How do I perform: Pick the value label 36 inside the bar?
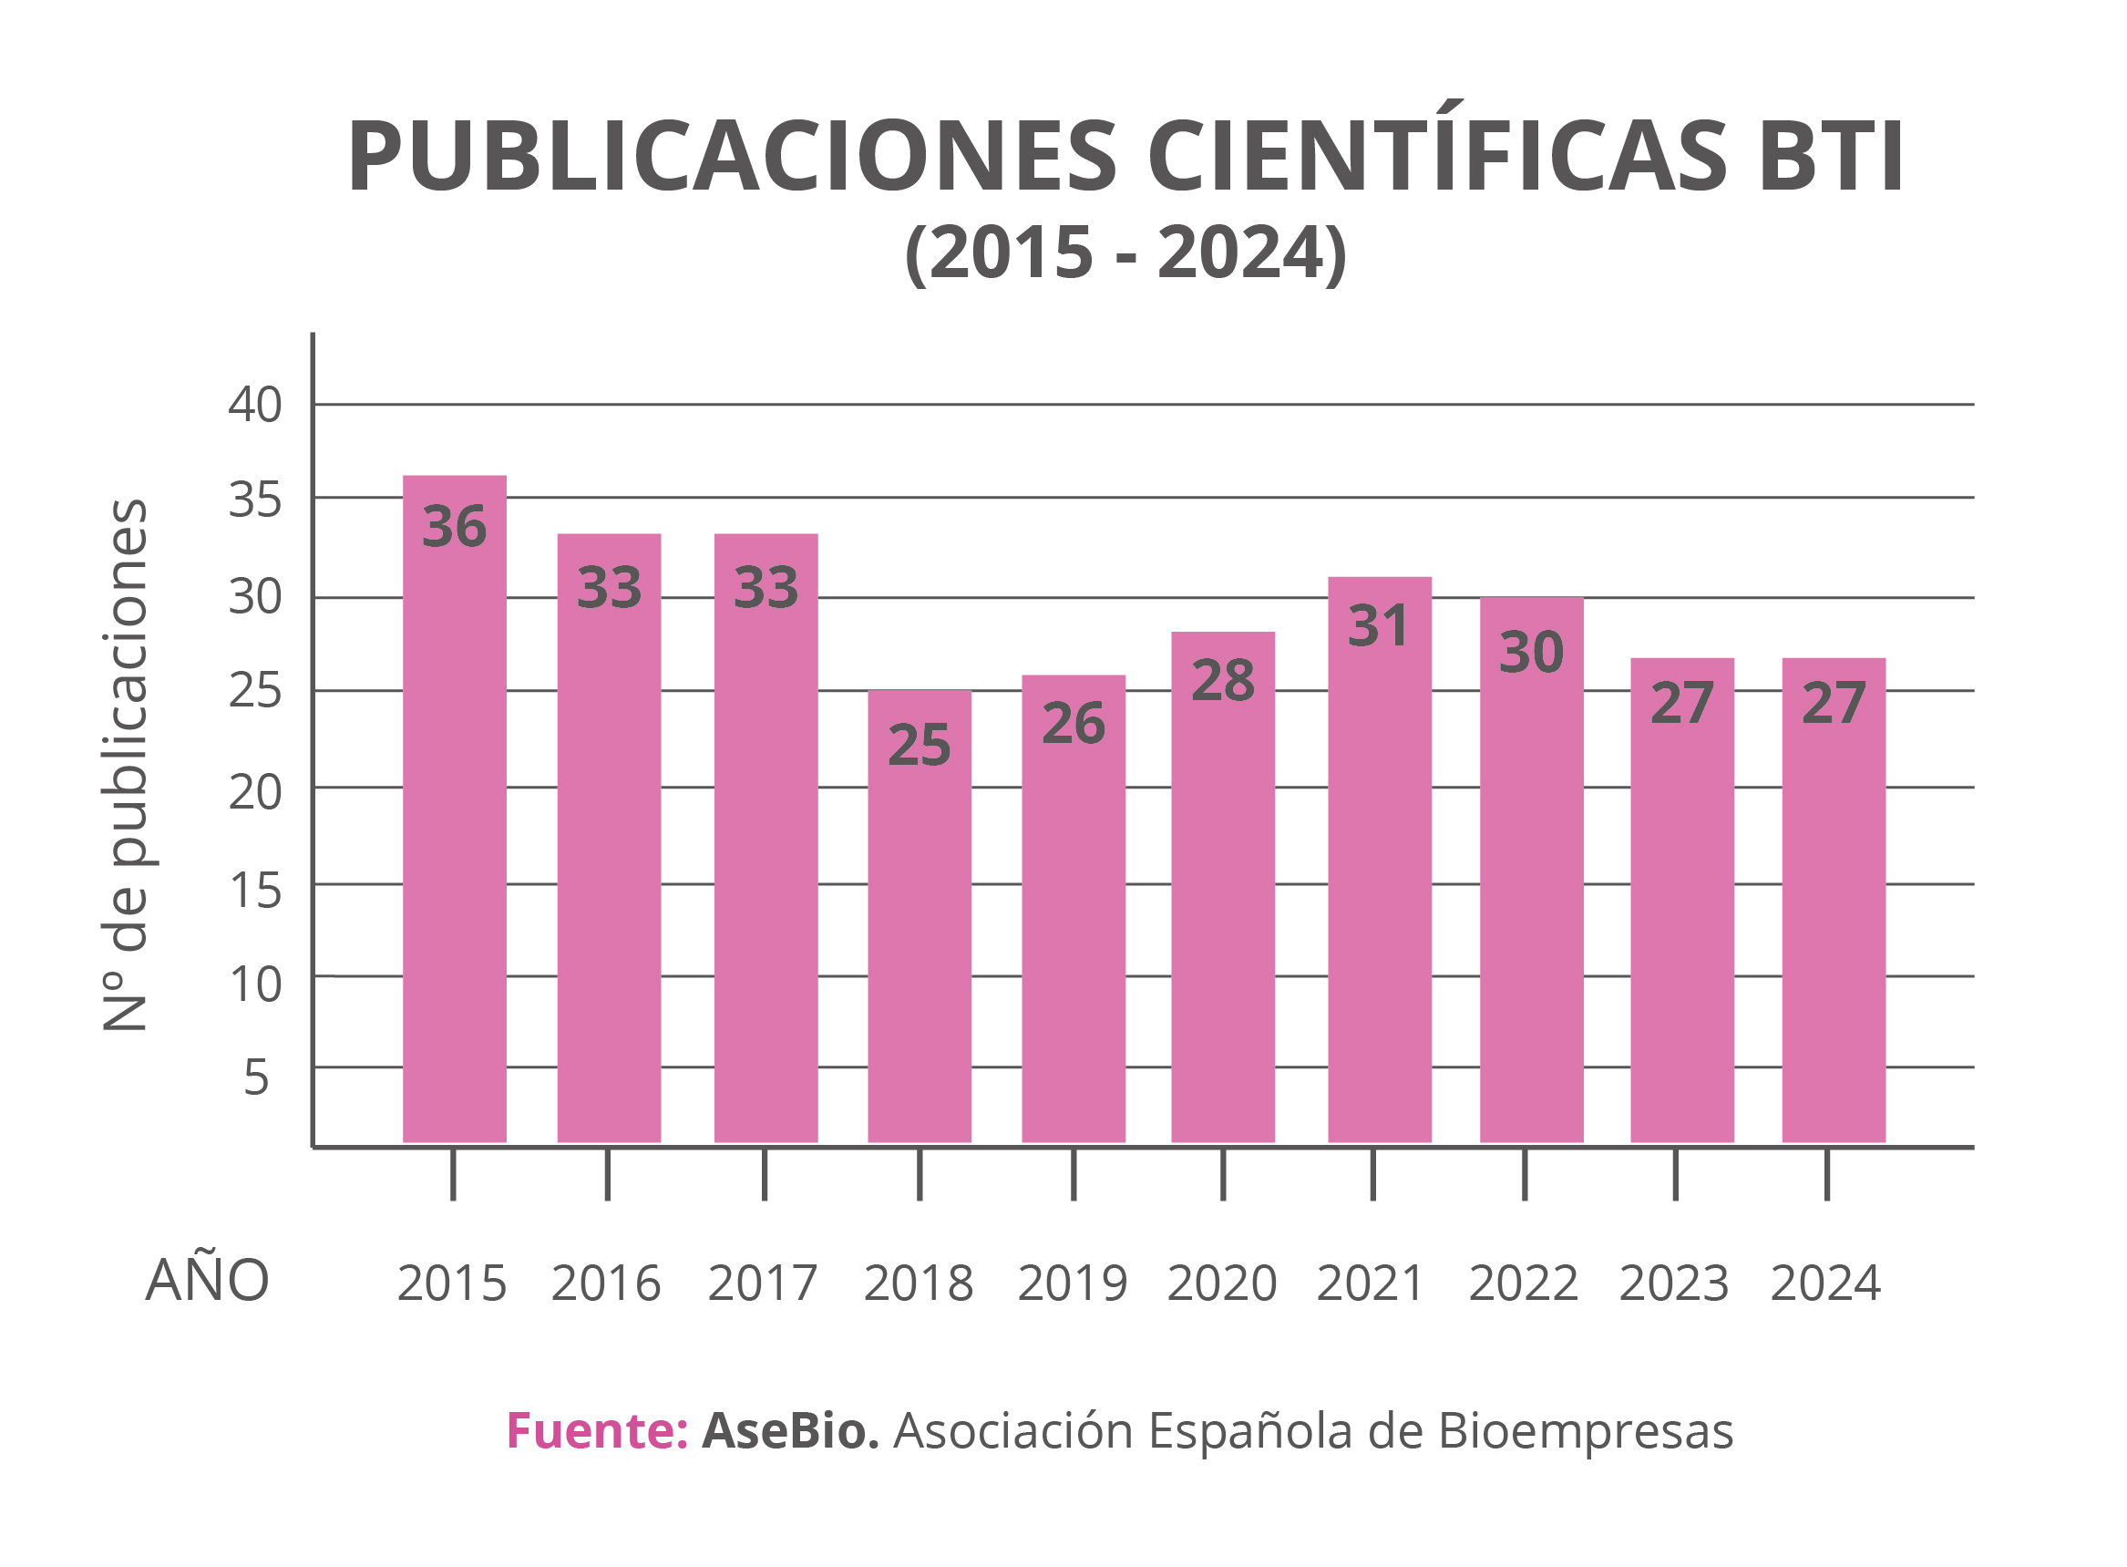click(x=454, y=527)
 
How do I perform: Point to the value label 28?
click(x=1222, y=680)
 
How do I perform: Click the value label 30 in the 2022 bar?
click(x=1530, y=652)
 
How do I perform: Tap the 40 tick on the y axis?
click(x=254, y=405)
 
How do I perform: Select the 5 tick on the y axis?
click(x=256, y=1077)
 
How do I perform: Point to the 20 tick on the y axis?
click(x=254, y=791)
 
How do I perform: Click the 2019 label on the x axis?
click(x=1073, y=1283)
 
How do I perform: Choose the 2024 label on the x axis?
click(x=1824, y=1283)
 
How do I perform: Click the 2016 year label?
click(x=606, y=1283)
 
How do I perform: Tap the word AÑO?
click(x=207, y=1280)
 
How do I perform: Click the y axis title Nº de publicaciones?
click(x=125, y=765)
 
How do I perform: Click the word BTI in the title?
click(x=1829, y=157)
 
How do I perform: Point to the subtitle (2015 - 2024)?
click(x=1125, y=253)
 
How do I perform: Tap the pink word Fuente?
click(x=597, y=1430)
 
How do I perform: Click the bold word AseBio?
click(x=790, y=1430)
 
